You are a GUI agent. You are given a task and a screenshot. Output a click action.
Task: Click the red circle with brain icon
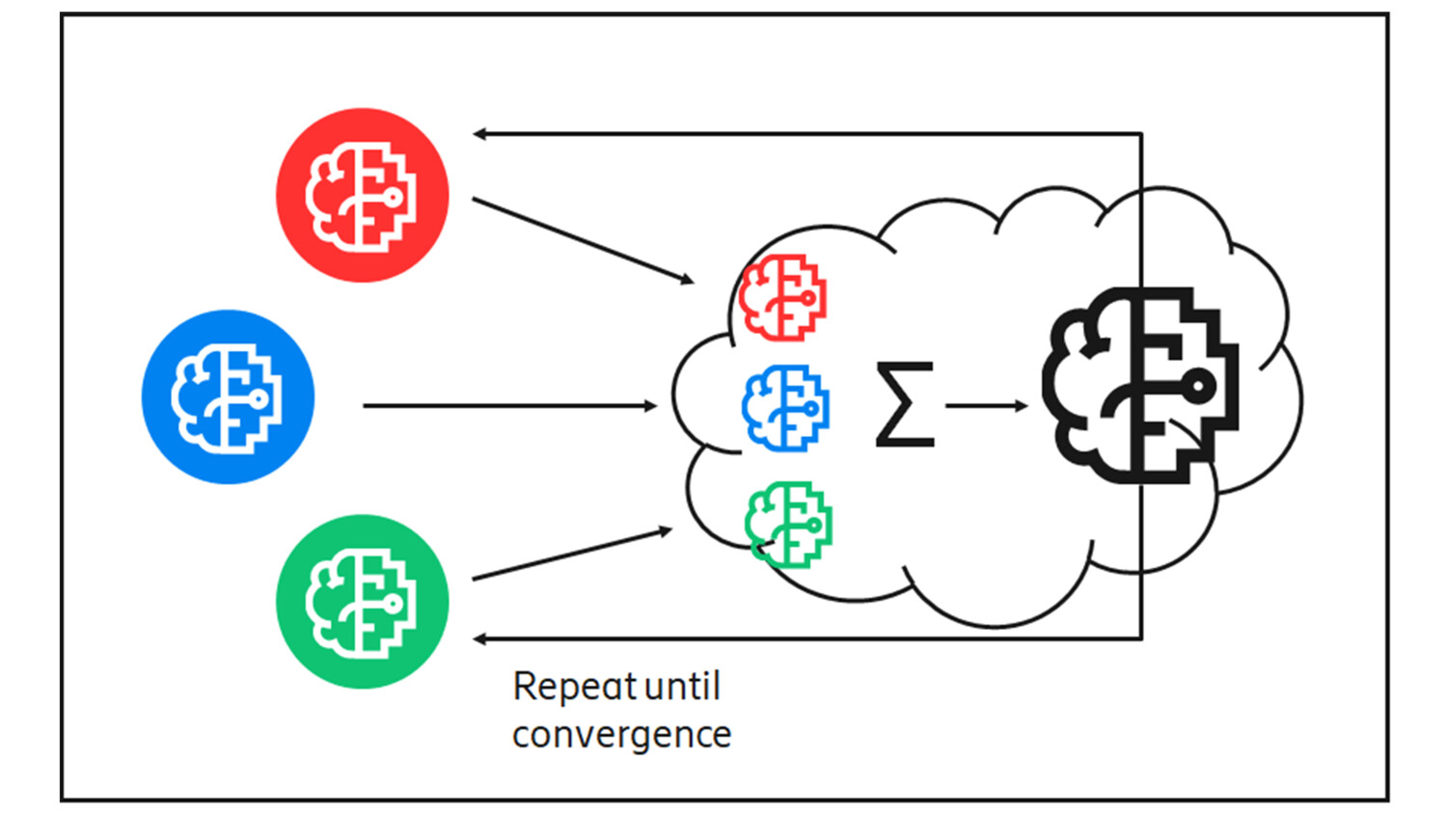(x=362, y=195)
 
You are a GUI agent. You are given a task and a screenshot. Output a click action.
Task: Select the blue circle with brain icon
(x=228, y=396)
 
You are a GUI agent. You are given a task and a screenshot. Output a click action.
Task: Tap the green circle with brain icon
(x=362, y=601)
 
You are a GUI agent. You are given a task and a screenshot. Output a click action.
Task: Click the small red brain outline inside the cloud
(x=783, y=297)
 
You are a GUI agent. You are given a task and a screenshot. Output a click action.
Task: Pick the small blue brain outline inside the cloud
(x=785, y=408)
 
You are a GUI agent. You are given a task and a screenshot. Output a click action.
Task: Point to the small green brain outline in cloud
(x=789, y=525)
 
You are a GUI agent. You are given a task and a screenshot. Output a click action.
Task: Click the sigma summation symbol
(x=905, y=404)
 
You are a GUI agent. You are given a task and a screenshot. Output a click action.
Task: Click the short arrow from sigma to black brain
(x=986, y=406)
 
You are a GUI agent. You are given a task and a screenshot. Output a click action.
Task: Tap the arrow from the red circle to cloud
(x=583, y=240)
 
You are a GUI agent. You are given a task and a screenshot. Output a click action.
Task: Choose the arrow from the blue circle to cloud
(x=509, y=406)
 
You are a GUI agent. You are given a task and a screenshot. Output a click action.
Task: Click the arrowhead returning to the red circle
(x=479, y=134)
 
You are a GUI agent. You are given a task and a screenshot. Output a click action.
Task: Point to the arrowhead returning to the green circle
(x=479, y=638)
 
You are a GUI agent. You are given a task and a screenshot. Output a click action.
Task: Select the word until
(x=683, y=687)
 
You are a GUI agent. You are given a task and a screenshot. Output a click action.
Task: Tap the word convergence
(x=621, y=735)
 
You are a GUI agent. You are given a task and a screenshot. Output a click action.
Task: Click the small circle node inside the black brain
(x=1197, y=387)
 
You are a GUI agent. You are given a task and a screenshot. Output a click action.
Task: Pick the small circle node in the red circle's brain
(x=394, y=197)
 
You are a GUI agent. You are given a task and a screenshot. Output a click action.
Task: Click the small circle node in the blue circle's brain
(x=259, y=397)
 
